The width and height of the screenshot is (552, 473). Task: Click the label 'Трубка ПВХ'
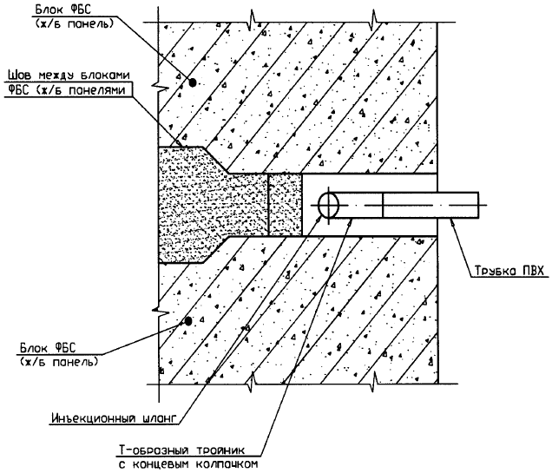(509, 270)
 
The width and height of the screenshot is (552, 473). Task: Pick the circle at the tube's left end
(329, 206)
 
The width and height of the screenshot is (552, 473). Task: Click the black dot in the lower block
(187, 321)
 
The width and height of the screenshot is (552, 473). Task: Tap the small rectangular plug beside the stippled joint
(285, 204)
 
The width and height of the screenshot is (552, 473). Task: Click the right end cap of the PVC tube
(476, 206)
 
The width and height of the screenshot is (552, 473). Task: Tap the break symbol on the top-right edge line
(374, 16)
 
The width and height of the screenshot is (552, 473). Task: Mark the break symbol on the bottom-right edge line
(374, 379)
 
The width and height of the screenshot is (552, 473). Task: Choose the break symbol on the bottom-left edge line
(250, 379)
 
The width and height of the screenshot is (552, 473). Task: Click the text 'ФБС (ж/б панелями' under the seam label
(66, 89)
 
